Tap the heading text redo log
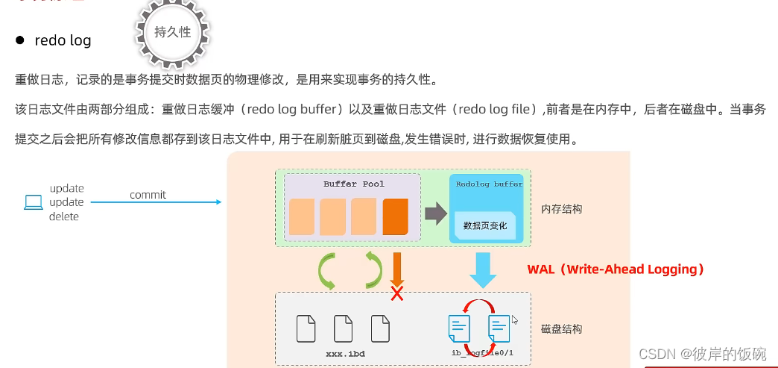coord(63,40)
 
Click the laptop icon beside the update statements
coord(34,202)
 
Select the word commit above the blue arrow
coord(148,195)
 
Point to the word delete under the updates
coord(64,216)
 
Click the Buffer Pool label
coord(354,184)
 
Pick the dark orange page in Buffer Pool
coord(396,217)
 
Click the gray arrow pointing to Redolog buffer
coord(435,213)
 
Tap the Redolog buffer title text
coord(489,184)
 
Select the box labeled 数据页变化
coord(484,225)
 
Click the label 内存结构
coord(561,209)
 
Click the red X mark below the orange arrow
coord(397,293)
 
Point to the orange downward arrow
coord(396,268)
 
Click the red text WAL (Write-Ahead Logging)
coord(616,269)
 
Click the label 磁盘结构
coord(561,328)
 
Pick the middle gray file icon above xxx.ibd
coord(343,328)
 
